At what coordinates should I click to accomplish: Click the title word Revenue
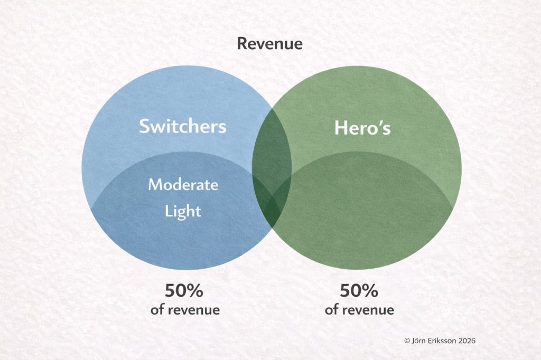point(270,44)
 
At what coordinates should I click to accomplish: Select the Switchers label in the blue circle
point(182,126)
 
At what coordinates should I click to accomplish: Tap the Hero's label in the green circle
point(362,128)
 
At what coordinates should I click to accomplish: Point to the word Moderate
point(183,184)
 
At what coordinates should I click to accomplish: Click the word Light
point(183,211)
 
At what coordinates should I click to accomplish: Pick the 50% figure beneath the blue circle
point(184,290)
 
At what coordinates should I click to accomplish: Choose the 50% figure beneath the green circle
point(359,290)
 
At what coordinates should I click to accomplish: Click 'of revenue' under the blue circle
point(185,310)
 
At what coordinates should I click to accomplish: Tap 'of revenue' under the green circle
point(359,310)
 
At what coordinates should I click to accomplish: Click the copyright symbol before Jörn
point(407,340)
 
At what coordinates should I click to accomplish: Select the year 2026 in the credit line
point(467,340)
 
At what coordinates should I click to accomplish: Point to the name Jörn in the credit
point(419,340)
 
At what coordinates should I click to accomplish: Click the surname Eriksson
point(442,340)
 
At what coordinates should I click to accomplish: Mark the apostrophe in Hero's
point(380,123)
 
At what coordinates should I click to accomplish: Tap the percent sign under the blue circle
point(195,290)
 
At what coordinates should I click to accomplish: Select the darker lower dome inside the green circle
point(362,207)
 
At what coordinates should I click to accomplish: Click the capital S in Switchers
point(145,126)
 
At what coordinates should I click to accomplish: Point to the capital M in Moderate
point(156,184)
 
